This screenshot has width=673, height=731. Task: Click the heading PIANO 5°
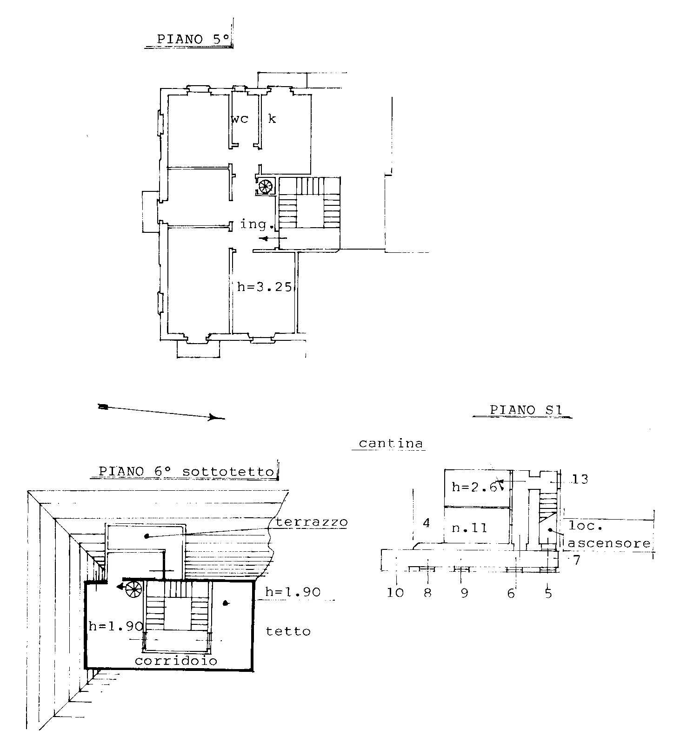(193, 39)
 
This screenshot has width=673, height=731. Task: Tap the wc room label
(240, 119)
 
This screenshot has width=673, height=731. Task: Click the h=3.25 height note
(265, 287)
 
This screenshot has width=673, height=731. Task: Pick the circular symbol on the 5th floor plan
(266, 187)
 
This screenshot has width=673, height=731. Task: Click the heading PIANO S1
(526, 410)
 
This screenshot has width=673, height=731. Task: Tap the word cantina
(391, 443)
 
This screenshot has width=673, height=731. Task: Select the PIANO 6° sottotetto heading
(187, 471)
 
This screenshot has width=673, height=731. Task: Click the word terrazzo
(312, 522)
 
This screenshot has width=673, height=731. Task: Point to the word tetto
(288, 631)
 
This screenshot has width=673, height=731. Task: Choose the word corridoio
(176, 661)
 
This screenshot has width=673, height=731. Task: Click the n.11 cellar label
(469, 528)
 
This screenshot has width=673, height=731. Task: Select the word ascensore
(609, 543)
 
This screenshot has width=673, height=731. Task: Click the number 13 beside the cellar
(580, 479)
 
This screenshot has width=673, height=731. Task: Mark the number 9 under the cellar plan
(464, 593)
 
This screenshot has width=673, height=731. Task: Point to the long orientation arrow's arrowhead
(216, 417)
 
